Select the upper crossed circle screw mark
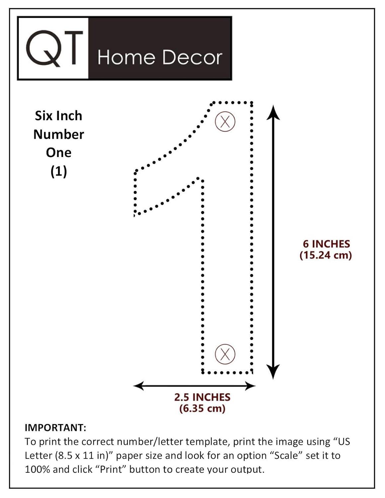pos(225,122)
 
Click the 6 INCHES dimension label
pos(326,244)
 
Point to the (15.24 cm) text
pos(326,255)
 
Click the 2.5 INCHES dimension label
pos(202,397)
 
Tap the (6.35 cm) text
pos(202,408)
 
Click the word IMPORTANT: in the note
pos(55,427)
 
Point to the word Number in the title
pos(59,134)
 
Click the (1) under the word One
pos(59,171)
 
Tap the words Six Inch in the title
pos(59,116)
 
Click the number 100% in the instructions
pos(37,469)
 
